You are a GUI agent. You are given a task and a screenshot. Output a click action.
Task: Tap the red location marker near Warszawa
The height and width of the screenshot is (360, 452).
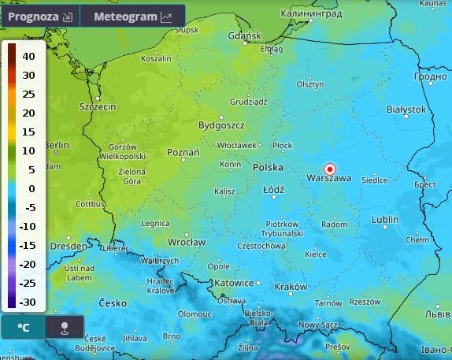(x=330, y=169)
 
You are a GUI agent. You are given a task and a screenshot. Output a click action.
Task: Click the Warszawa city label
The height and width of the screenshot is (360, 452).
(x=328, y=179)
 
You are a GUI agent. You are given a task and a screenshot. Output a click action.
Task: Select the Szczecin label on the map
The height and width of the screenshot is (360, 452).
(x=98, y=106)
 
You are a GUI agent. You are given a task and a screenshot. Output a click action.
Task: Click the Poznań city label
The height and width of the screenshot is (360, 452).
(x=184, y=152)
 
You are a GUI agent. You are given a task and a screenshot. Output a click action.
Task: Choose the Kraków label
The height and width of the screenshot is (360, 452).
(x=291, y=287)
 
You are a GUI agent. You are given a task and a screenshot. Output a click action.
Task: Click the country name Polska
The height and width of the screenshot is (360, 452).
(x=269, y=168)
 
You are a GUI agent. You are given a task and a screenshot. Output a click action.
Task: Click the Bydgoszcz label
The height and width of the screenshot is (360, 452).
(x=221, y=125)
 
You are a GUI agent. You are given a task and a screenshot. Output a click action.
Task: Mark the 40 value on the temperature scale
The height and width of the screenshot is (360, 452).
(x=28, y=57)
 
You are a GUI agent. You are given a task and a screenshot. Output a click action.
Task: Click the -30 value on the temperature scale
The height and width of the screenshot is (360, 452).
(x=28, y=302)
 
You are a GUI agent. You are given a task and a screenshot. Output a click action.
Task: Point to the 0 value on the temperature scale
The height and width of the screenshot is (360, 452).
(x=32, y=188)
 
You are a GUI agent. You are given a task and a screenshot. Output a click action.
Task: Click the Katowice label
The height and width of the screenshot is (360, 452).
(x=234, y=282)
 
